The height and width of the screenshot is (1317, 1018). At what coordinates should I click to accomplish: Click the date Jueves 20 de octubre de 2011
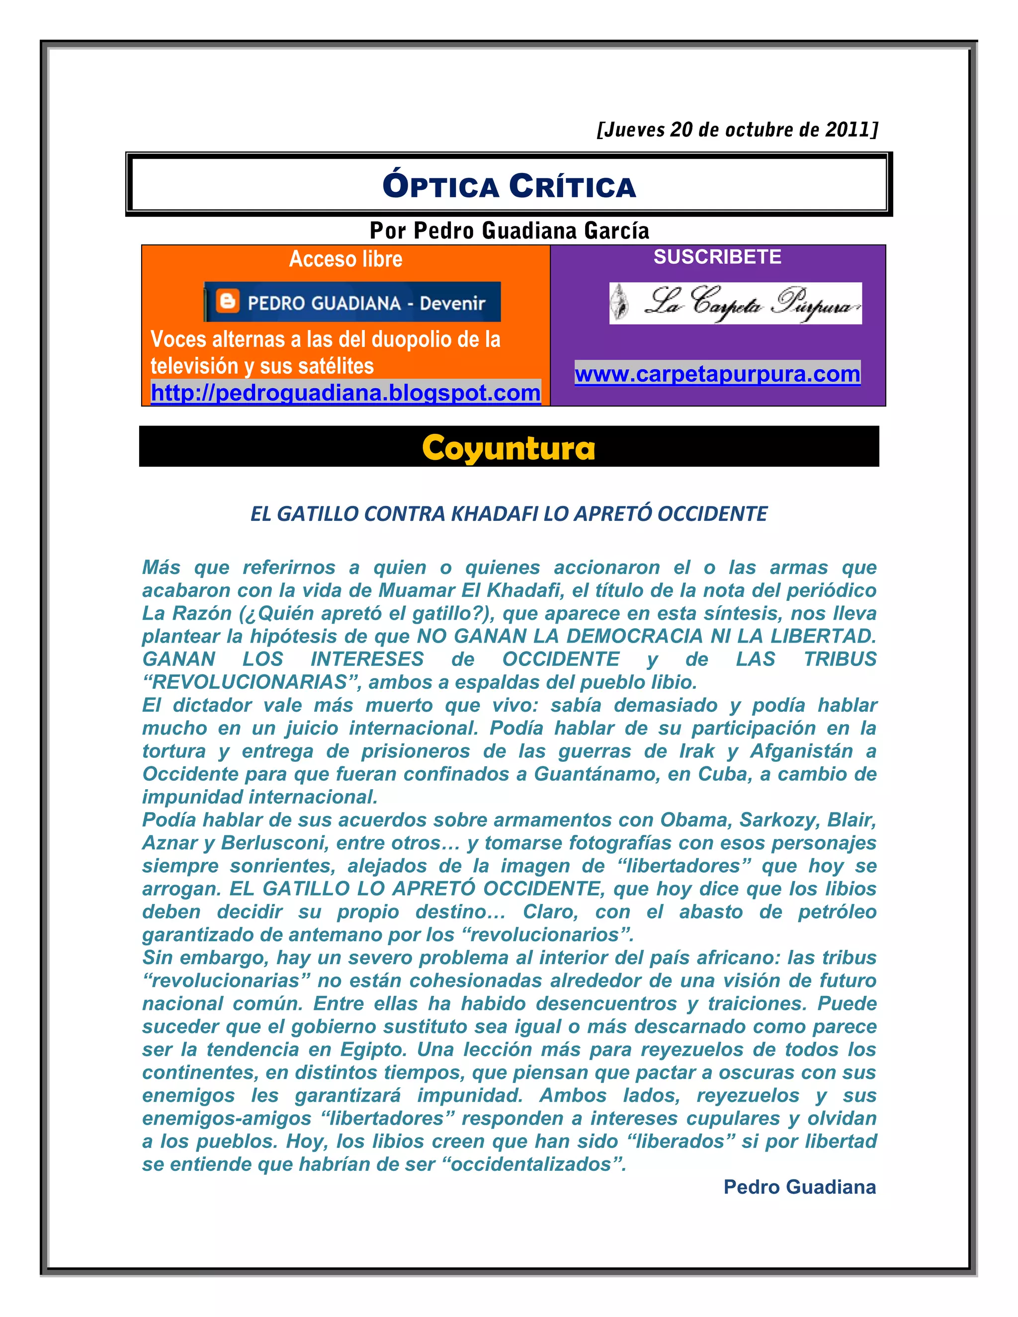[737, 130]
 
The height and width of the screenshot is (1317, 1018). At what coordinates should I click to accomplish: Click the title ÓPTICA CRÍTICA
[509, 186]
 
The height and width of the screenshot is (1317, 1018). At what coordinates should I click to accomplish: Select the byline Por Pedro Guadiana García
[509, 231]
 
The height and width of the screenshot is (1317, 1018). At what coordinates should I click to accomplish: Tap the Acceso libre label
[345, 259]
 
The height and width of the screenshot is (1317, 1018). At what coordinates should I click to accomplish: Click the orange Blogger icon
[227, 301]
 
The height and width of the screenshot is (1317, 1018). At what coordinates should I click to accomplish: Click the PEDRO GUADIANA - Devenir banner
[352, 302]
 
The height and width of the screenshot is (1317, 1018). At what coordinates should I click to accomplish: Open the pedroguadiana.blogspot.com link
[345, 393]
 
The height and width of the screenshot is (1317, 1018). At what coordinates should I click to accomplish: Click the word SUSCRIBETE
[717, 257]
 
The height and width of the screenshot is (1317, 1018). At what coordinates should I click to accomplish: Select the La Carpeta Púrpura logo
[735, 303]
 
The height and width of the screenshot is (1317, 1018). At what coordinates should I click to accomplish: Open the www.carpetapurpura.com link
[717, 374]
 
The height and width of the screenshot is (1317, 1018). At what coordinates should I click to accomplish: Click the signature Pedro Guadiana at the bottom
[799, 1187]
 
